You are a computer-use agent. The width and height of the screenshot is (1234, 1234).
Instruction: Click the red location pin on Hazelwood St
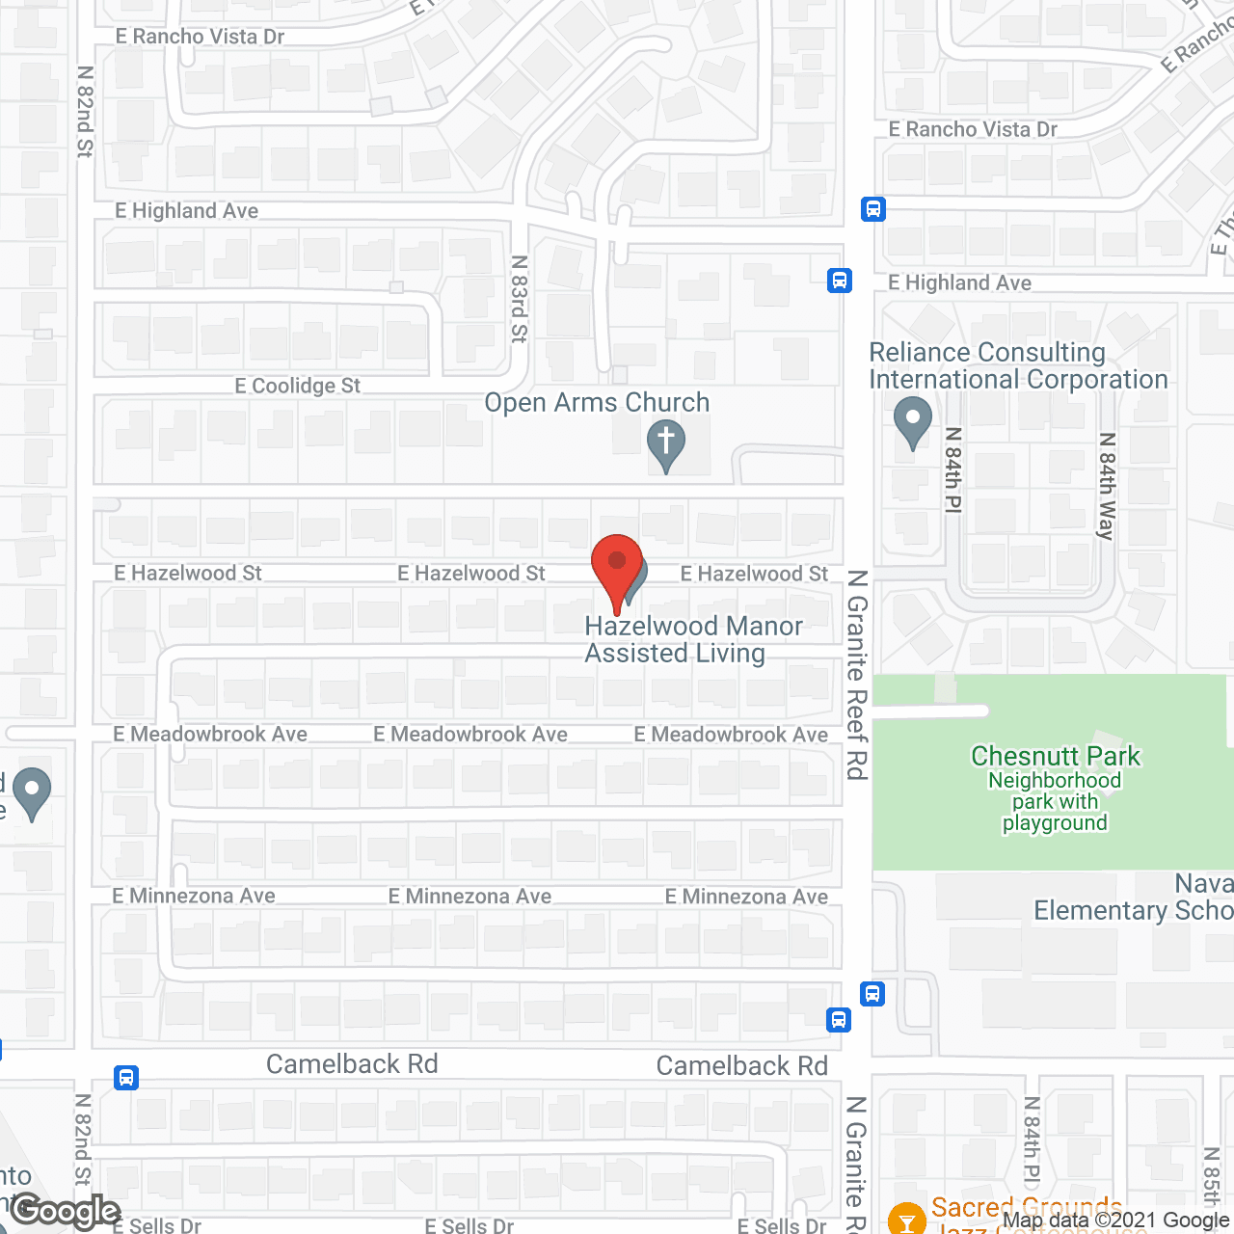coord(617,565)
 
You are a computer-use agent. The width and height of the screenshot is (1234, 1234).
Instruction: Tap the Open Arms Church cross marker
coord(665,445)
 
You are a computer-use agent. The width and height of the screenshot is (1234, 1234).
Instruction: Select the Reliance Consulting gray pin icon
coord(912,420)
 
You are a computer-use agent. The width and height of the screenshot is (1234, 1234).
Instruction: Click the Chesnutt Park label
coord(1055,756)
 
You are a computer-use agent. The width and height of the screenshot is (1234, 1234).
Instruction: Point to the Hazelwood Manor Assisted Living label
coord(693,639)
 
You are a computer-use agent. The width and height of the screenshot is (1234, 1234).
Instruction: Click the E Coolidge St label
coord(297,386)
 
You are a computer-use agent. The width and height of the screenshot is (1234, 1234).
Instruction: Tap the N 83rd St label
coord(520,299)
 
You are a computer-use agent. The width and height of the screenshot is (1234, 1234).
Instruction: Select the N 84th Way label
coord(1107,486)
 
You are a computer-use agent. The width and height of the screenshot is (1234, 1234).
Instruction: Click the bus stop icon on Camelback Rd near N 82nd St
coord(126,1077)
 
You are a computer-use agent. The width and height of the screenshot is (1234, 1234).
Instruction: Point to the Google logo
coord(66,1212)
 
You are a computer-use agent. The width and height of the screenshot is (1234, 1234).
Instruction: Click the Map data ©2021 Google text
coord(1117,1221)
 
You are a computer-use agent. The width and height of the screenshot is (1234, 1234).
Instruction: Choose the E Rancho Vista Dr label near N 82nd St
coord(200,37)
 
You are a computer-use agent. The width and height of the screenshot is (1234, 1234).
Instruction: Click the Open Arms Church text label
coord(597,403)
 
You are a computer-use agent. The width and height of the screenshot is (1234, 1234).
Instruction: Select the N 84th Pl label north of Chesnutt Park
coord(953,469)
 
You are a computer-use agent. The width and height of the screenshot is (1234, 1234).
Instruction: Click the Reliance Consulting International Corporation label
coord(1018,366)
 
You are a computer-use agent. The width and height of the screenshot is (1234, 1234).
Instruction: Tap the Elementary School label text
coord(1133,911)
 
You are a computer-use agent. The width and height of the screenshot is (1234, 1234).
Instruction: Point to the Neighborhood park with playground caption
coord(1055,802)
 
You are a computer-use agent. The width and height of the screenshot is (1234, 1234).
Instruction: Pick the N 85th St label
coord(1212,1176)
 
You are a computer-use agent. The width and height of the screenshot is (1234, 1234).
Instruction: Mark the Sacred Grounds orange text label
coord(1026,1209)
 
